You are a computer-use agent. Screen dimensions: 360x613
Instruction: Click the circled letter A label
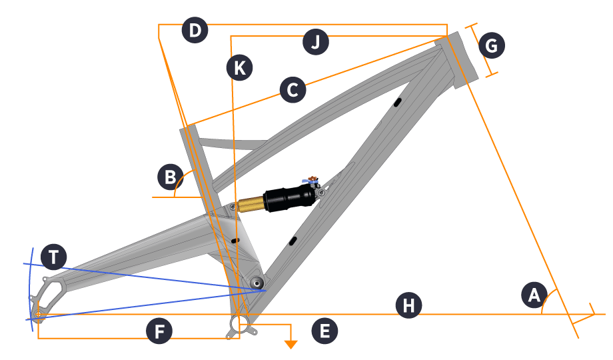coord(533,295)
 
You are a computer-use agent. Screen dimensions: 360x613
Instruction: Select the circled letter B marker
coord(171,177)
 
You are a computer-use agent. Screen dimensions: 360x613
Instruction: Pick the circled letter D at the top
coord(195,31)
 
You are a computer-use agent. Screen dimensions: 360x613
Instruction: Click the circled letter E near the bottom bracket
coord(324,331)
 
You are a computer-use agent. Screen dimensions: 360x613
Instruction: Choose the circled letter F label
coord(160,331)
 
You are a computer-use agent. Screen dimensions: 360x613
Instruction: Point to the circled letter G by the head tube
coord(492,46)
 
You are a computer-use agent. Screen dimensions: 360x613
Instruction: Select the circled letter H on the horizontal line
coord(408,306)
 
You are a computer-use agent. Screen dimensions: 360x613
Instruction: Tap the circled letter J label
coord(316,43)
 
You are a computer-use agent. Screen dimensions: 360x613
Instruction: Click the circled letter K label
coord(239,67)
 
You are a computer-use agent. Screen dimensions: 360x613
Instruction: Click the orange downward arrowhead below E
coord(291,343)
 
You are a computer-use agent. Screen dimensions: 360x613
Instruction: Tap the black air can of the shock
coord(289,197)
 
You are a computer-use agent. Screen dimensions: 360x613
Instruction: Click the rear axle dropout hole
coord(39,313)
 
